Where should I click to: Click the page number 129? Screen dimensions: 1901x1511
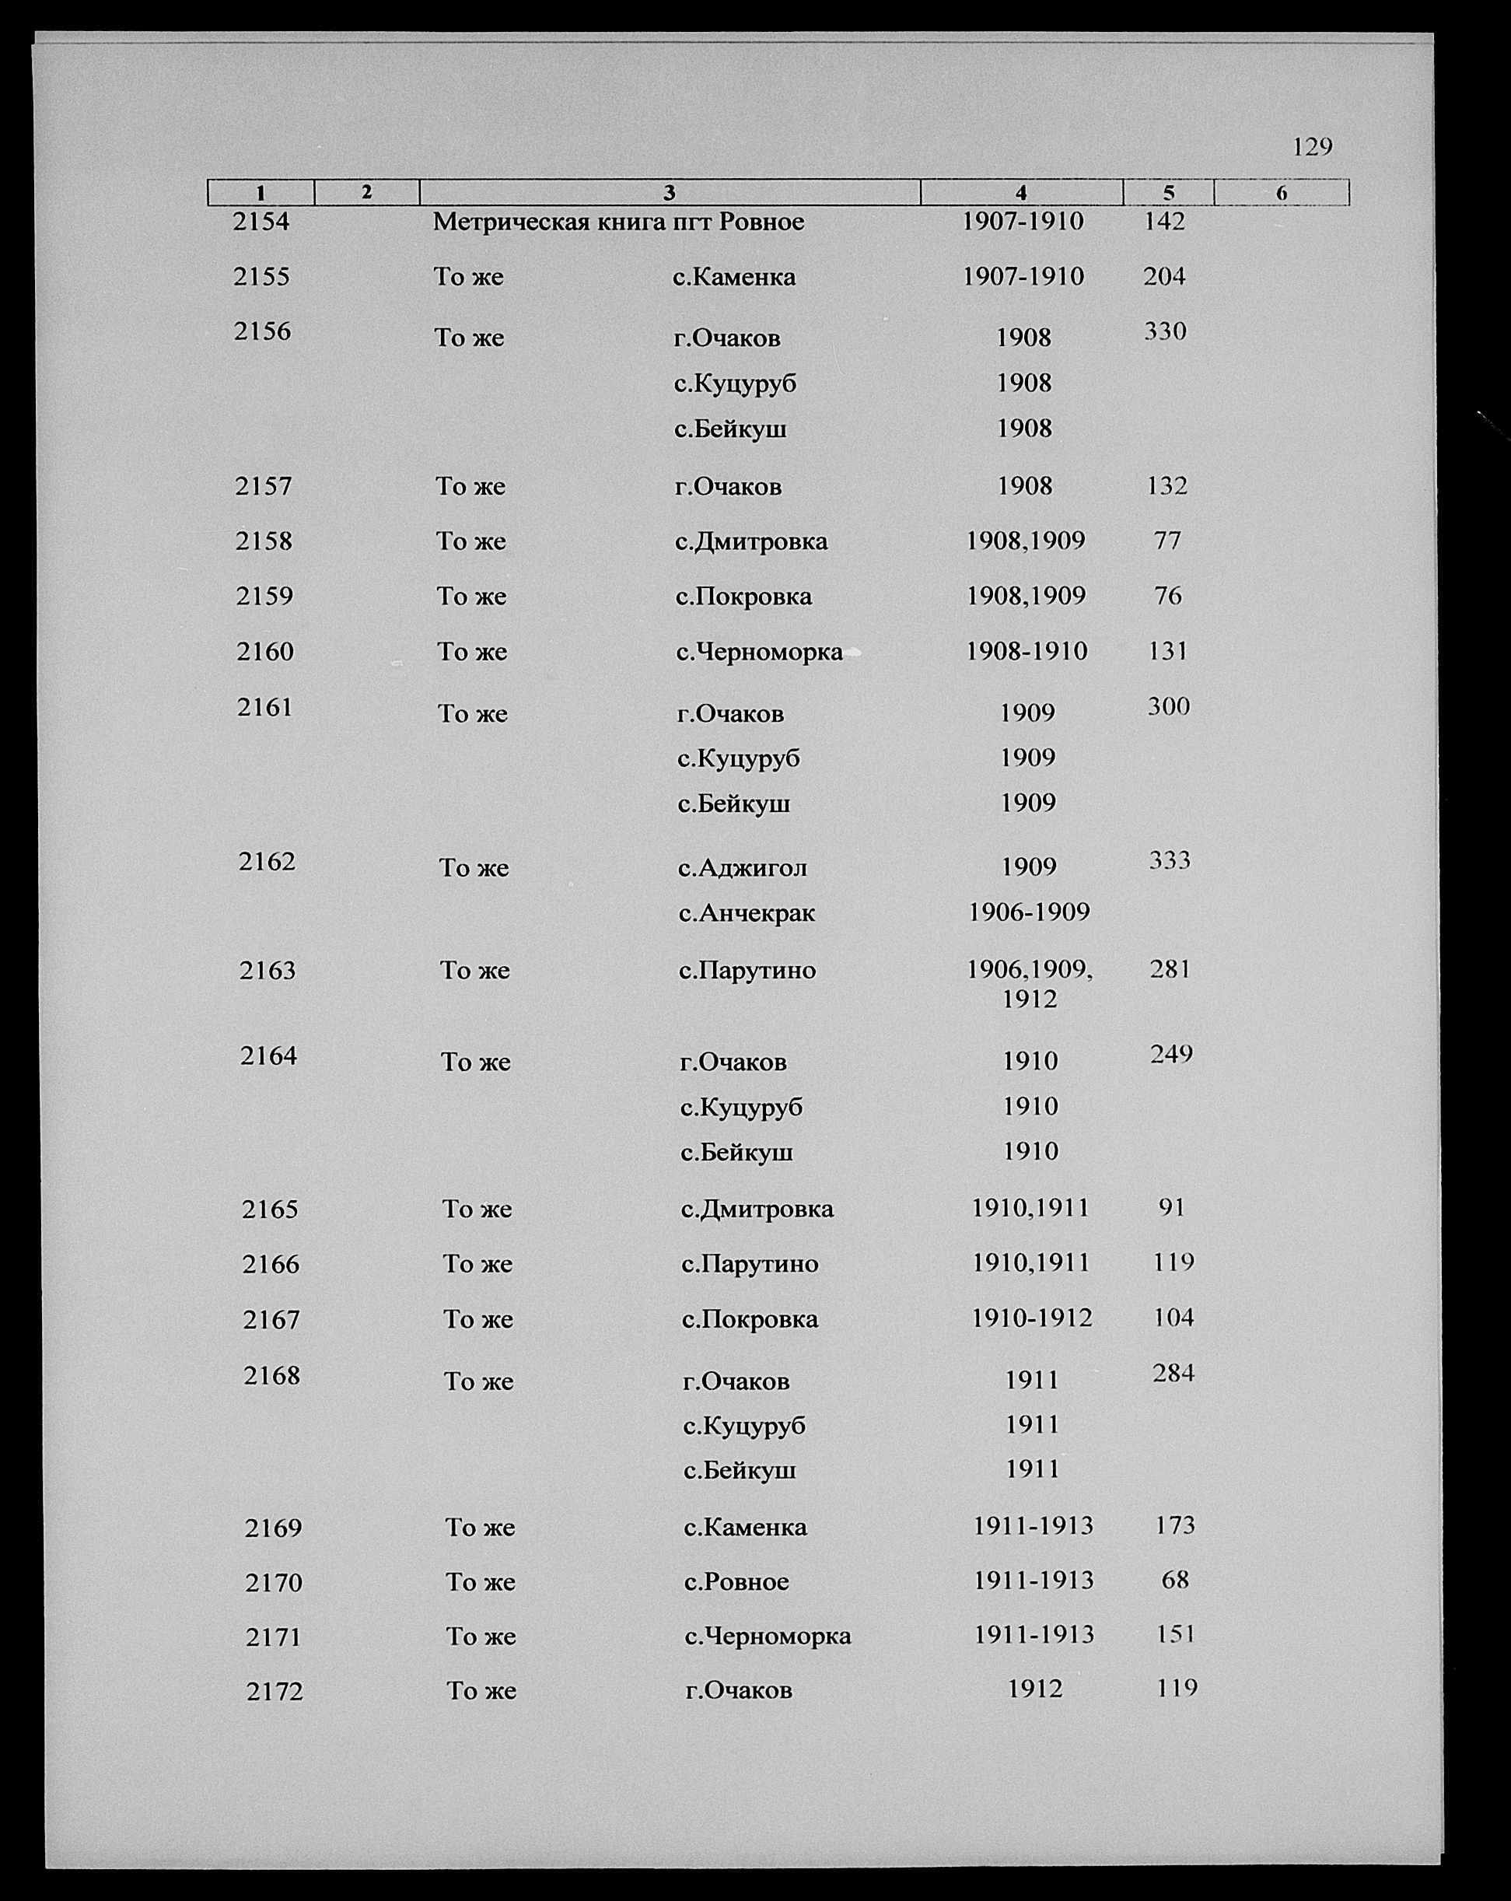point(1312,146)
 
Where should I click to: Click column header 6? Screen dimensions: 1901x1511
point(1281,192)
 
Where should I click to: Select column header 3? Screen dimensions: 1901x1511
point(669,192)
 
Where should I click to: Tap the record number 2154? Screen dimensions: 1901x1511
point(261,222)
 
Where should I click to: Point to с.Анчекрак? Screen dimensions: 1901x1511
point(747,912)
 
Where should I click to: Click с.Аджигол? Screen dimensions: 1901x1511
point(742,867)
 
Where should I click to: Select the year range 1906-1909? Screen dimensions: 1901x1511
point(1029,912)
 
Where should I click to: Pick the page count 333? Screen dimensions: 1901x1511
point(1170,859)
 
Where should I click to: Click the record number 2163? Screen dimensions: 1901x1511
point(267,971)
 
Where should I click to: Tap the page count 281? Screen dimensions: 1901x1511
point(1170,970)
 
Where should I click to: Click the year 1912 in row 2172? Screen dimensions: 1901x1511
point(1035,1689)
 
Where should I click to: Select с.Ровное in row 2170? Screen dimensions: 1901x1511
point(736,1582)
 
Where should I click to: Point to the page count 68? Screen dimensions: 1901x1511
point(1175,1579)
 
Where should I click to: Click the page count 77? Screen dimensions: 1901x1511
point(1167,540)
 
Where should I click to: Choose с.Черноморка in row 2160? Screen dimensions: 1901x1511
point(759,652)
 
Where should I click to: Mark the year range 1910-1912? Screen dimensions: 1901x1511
point(1031,1318)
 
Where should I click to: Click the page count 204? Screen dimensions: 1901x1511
point(1163,277)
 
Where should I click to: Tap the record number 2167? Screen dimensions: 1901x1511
point(271,1320)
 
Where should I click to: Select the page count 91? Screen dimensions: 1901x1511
point(1172,1207)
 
